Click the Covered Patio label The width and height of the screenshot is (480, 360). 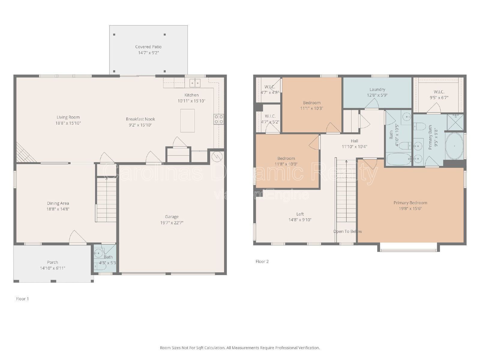[x=148, y=47]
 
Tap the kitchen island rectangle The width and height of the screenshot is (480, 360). [x=187, y=121]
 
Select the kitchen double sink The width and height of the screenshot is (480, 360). [x=195, y=82]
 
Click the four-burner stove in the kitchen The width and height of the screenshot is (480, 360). [x=218, y=119]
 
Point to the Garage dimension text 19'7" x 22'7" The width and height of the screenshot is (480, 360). [x=172, y=223]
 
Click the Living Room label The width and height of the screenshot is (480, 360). [x=68, y=117]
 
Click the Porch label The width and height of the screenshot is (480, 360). [x=52, y=262]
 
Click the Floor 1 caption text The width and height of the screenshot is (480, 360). [x=22, y=299]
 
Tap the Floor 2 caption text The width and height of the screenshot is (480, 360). [x=262, y=261]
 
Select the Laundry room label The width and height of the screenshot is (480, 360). [x=377, y=89]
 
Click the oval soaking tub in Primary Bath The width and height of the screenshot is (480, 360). [x=454, y=146]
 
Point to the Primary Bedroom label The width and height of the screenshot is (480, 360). [x=410, y=203]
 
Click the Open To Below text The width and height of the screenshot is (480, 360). [x=347, y=231]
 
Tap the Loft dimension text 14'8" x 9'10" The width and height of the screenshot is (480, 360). [x=300, y=220]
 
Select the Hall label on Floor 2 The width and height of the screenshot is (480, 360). [x=354, y=141]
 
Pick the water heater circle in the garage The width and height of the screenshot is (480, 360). [x=217, y=156]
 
